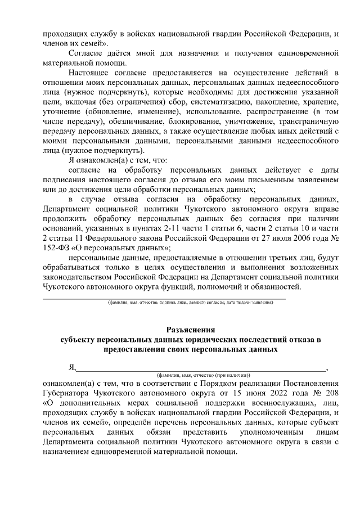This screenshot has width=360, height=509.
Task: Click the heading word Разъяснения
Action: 191,330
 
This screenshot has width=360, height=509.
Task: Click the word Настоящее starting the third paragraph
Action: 87,73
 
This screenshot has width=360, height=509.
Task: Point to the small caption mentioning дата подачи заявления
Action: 191,302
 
